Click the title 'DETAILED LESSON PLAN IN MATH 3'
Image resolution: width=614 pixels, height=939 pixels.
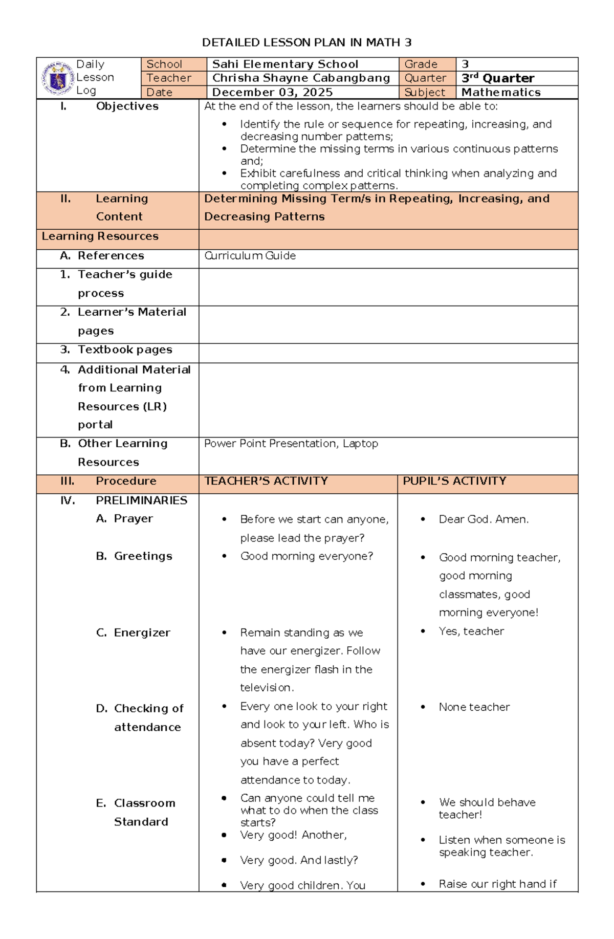tap(306, 42)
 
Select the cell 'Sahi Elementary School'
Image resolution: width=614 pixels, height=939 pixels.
tap(285, 64)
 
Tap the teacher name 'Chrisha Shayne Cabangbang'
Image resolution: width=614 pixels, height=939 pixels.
tap(301, 78)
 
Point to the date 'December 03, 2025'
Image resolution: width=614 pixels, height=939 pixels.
tap(272, 93)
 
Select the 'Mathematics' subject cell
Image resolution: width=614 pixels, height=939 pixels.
tap(500, 93)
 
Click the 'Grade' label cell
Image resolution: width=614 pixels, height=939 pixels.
tap(421, 64)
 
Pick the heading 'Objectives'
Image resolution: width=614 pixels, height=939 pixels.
tap(127, 106)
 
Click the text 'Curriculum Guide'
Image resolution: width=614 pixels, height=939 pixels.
tap(250, 256)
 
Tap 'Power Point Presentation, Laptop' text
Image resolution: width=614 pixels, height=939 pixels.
tap(291, 444)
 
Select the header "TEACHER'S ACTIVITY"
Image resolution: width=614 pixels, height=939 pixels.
tap(266, 481)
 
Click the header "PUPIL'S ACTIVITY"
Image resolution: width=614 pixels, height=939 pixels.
tap(454, 481)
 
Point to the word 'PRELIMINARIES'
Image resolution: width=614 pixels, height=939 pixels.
tap(141, 500)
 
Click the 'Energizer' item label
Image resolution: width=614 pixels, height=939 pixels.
tap(142, 633)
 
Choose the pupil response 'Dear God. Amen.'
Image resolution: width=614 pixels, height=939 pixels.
tap(484, 519)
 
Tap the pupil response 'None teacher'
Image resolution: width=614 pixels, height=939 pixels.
tap(474, 707)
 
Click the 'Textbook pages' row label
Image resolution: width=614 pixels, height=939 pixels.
tap(124, 350)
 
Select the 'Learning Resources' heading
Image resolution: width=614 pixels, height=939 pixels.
tap(100, 236)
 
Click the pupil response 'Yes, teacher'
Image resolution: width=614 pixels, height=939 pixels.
tap(471, 631)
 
